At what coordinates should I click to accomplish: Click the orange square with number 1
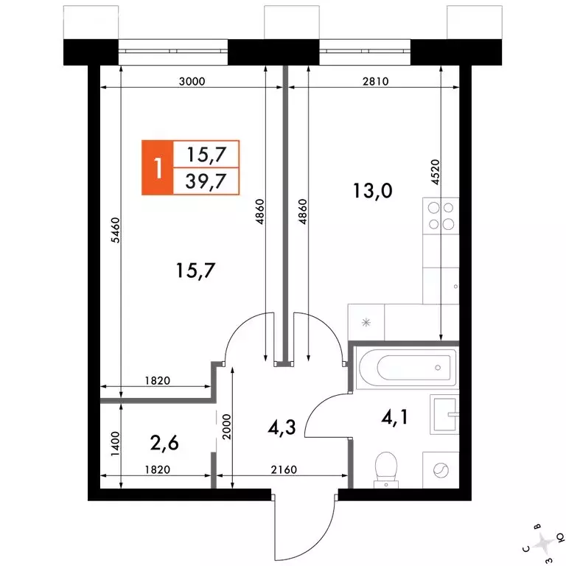click(x=158, y=167)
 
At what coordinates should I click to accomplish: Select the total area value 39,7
click(x=206, y=181)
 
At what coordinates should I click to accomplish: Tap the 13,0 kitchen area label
click(x=372, y=191)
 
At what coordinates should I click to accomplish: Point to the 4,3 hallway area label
click(x=282, y=427)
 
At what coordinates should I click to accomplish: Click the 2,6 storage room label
click(x=164, y=443)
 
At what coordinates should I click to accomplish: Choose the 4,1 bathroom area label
click(x=394, y=417)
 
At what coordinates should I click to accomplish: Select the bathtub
click(x=406, y=368)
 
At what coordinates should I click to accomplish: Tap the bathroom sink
click(x=444, y=414)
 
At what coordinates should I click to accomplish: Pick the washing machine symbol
click(x=441, y=470)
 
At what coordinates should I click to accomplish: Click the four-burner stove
click(x=441, y=216)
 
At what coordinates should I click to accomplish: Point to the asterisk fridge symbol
click(x=366, y=322)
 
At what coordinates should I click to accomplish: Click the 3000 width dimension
click(x=192, y=81)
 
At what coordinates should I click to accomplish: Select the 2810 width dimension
click(x=375, y=81)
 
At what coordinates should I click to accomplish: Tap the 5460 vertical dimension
click(x=115, y=230)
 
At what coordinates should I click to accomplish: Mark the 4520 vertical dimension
click(x=436, y=172)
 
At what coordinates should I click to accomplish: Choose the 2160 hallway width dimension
click(x=284, y=469)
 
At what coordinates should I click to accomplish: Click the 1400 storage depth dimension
click(x=115, y=444)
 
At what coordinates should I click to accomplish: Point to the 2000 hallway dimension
click(x=226, y=427)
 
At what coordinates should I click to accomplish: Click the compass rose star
click(x=544, y=542)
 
